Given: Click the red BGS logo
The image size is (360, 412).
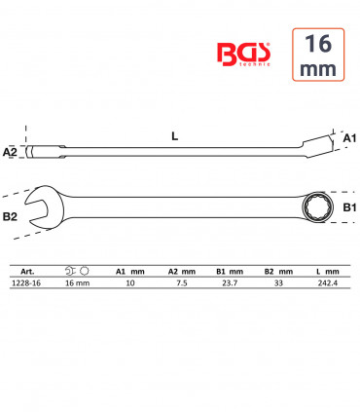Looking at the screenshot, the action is (243, 55).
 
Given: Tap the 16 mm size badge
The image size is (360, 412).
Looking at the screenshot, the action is (318, 55).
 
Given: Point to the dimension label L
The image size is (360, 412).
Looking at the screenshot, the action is (175, 136).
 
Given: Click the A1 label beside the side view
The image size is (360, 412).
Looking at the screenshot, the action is (349, 138).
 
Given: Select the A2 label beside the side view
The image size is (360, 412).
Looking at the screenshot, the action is (10, 152).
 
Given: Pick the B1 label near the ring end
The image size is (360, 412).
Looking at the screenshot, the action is (349, 207).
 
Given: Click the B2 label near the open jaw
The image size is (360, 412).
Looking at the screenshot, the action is (10, 216).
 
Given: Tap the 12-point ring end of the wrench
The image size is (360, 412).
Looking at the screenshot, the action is (314, 207).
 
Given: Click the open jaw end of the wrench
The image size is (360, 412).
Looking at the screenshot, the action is (41, 207).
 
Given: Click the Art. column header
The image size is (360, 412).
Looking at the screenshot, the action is (27, 272).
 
